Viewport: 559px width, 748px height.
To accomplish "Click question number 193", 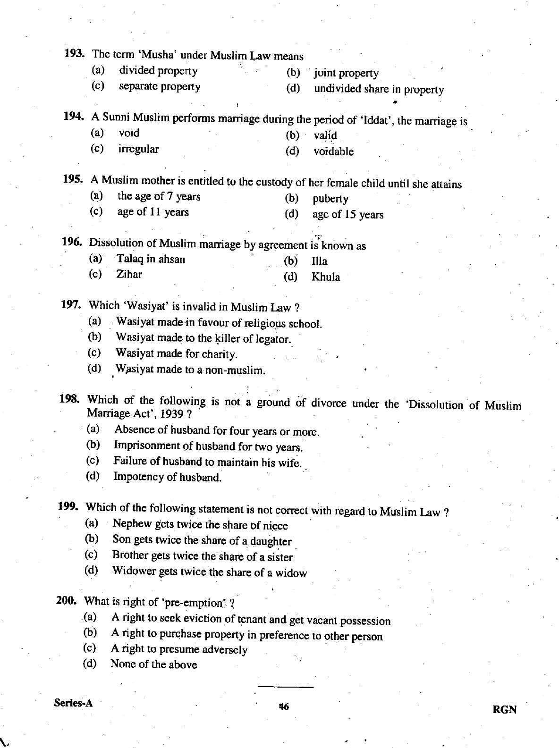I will click(x=74, y=53).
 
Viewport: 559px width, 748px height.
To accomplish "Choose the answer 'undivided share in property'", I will click(x=379, y=89).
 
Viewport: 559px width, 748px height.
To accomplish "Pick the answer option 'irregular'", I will click(x=138, y=149).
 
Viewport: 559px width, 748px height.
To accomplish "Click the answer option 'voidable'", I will click(x=333, y=151).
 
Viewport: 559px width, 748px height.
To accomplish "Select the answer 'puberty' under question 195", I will click(x=330, y=199).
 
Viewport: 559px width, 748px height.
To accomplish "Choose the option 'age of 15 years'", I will click(x=347, y=215).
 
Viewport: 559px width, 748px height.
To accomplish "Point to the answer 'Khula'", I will click(x=325, y=277).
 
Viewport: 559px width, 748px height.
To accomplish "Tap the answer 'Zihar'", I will click(x=129, y=274).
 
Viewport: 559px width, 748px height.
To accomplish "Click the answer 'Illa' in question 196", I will click(x=319, y=261).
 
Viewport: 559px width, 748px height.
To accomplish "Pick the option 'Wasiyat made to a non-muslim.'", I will click(x=190, y=370).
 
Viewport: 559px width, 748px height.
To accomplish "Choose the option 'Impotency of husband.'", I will click(x=167, y=477).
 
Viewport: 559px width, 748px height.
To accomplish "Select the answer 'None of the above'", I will click(x=153, y=664).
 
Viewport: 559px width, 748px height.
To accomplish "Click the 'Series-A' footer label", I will click(x=73, y=703).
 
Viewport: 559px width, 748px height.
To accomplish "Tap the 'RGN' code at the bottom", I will click(x=504, y=710).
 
